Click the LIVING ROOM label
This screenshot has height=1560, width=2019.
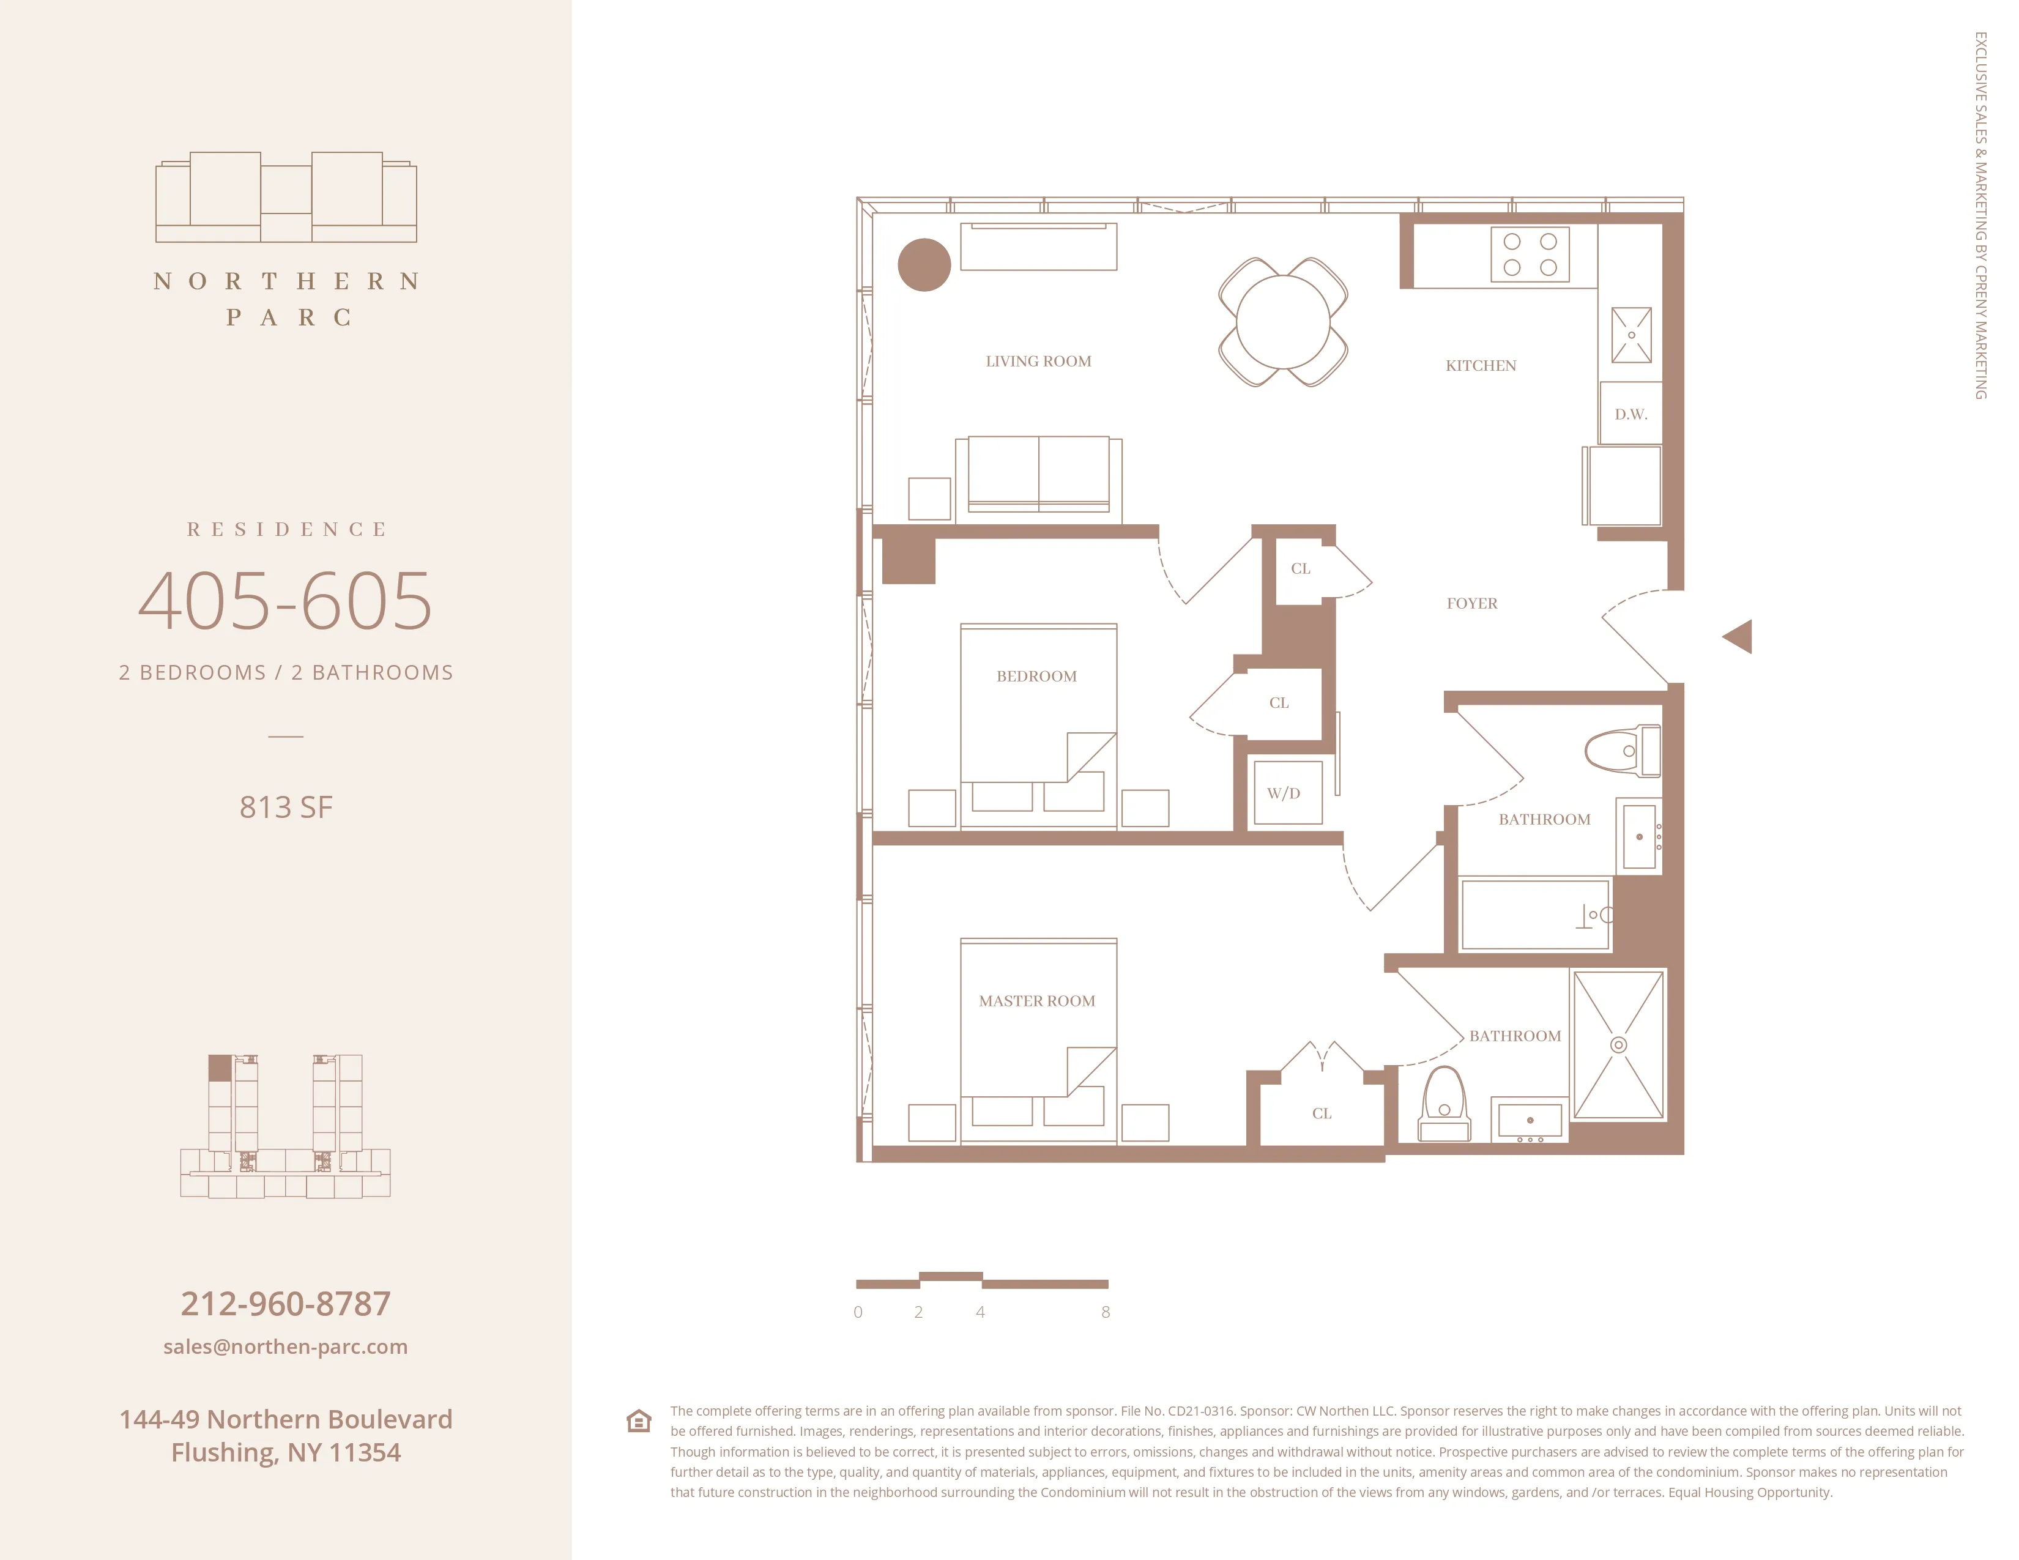click(1038, 362)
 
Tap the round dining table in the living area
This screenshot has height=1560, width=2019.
click(1282, 322)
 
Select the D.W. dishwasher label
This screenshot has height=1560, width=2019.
click(1630, 414)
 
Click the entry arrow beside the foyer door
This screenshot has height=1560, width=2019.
click(1738, 637)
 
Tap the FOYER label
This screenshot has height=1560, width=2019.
click(1471, 603)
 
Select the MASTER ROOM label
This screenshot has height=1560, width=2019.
click(1036, 1001)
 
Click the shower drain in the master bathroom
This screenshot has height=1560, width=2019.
click(1618, 1044)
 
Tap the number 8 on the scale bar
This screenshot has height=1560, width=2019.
click(1106, 1312)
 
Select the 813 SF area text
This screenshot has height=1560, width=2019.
click(286, 807)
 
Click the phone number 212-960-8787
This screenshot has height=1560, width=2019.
click(286, 1303)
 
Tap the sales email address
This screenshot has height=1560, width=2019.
click(286, 1346)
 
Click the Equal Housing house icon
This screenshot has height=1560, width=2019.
click(639, 1421)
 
